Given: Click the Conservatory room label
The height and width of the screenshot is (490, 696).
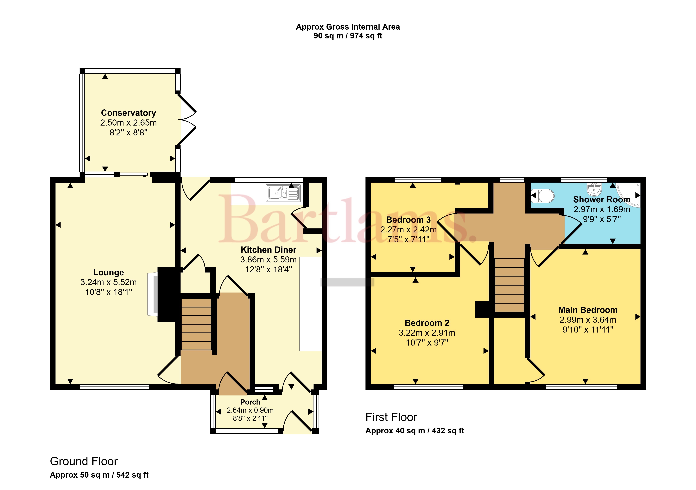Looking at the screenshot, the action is (129, 113).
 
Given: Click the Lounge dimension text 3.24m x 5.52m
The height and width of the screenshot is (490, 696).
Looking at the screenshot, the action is (108, 282).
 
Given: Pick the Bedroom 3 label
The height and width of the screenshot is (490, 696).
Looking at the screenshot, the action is (408, 220).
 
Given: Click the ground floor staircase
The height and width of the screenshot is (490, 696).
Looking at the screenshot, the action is (196, 324).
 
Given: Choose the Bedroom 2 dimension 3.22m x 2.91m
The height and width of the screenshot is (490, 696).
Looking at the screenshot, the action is (427, 333).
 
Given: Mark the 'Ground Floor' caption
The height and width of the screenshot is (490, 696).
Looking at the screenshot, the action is (84, 461).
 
